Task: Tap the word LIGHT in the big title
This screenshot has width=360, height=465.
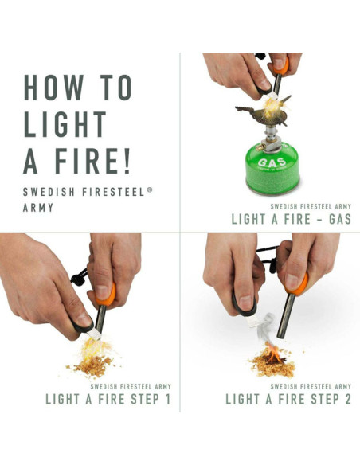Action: [x=65, y=125]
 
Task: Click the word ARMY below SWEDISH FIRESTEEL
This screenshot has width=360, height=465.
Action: [x=38, y=208]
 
